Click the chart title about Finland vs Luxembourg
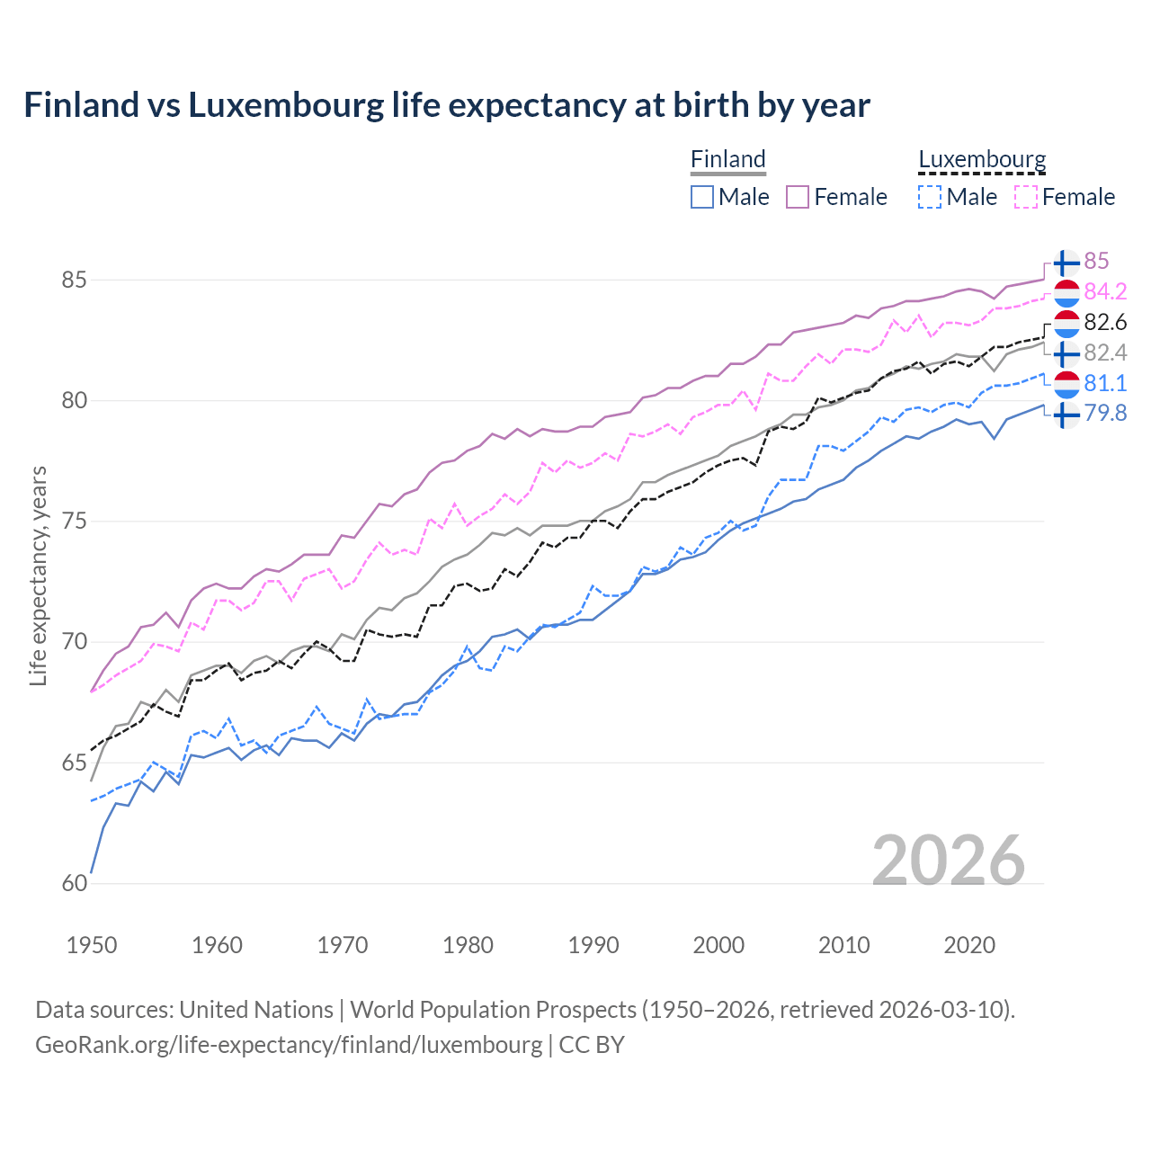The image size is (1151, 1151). [x=447, y=105]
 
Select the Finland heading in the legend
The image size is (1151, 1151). [x=727, y=159]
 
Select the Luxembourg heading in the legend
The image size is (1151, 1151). [x=982, y=159]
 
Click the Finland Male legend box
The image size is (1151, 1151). [x=702, y=197]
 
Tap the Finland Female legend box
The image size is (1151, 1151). [x=798, y=197]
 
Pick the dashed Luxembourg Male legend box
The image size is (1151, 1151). [x=930, y=197]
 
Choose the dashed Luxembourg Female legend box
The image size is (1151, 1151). [x=1025, y=197]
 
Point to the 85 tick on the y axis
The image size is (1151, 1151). [x=74, y=280]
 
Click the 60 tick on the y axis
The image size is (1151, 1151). [x=74, y=883]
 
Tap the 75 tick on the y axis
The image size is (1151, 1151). [x=74, y=522]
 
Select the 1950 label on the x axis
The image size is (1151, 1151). [x=92, y=945]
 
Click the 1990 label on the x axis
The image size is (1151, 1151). [x=593, y=945]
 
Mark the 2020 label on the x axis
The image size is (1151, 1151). [x=969, y=945]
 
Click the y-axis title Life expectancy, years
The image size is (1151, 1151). [x=39, y=575]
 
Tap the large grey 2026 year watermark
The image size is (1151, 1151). [x=949, y=861]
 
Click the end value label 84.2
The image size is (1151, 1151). [x=1105, y=291]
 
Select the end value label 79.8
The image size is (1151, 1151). [x=1105, y=414]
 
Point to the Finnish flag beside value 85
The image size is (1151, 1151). [x=1066, y=263]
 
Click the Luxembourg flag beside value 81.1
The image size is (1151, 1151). [x=1066, y=384]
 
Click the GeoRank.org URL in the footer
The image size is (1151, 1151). [x=289, y=1045]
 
